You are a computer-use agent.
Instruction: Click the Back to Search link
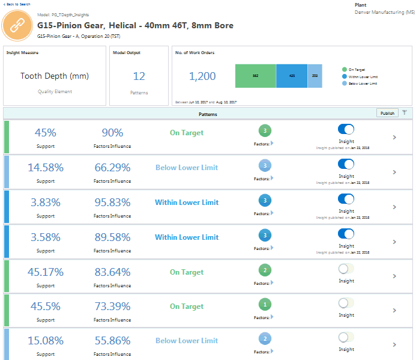pos(16,4)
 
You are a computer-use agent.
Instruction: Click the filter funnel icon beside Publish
pos(405,112)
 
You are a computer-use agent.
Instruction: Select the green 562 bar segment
pos(255,76)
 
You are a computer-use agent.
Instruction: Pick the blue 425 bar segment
pos(292,76)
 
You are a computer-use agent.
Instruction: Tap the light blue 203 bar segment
pos(315,76)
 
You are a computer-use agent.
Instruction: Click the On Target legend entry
pos(358,70)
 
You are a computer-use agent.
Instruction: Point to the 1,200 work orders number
pos(202,76)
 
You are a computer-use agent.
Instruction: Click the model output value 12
pos(139,76)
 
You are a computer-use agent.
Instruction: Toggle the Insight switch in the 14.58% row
pos(346,164)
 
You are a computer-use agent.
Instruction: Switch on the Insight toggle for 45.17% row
pos(346,269)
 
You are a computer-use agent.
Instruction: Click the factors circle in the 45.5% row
pos(265,304)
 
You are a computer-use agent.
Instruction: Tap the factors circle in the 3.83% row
pos(265,200)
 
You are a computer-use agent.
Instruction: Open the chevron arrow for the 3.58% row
pos(394,242)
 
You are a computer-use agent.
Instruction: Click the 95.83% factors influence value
pos(112,203)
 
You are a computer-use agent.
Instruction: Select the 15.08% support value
pos(46,341)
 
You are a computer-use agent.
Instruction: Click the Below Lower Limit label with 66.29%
pos(187,168)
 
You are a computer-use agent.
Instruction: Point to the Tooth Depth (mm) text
pos(55,76)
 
